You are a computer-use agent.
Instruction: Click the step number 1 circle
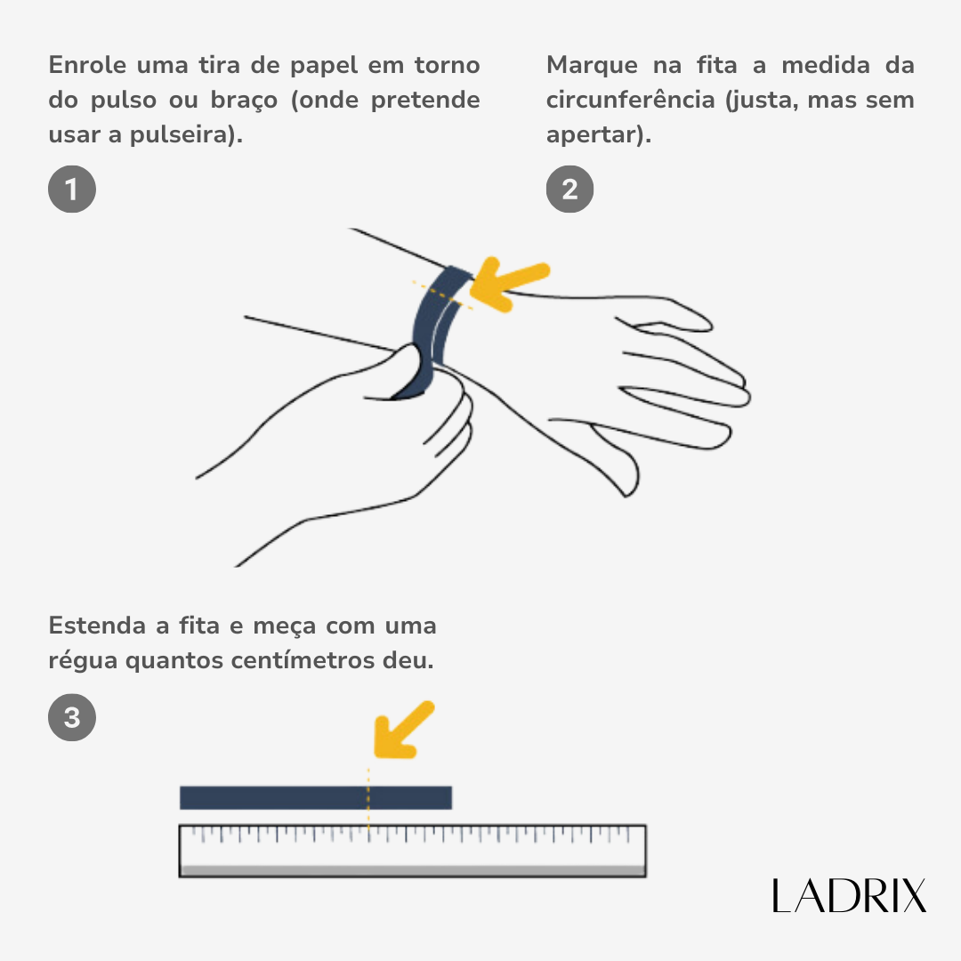click(72, 189)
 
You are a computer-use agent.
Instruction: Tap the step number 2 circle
click(569, 189)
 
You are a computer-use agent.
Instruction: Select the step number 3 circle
click(72, 717)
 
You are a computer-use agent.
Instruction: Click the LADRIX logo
click(849, 895)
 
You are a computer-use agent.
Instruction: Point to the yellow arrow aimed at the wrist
click(509, 283)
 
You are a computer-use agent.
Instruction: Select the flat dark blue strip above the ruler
click(316, 797)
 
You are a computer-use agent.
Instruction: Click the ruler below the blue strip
click(413, 851)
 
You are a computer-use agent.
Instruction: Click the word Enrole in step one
click(87, 65)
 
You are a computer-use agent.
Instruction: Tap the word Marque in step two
click(592, 66)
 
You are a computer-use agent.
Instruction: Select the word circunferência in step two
click(631, 100)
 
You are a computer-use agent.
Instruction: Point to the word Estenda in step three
click(97, 626)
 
